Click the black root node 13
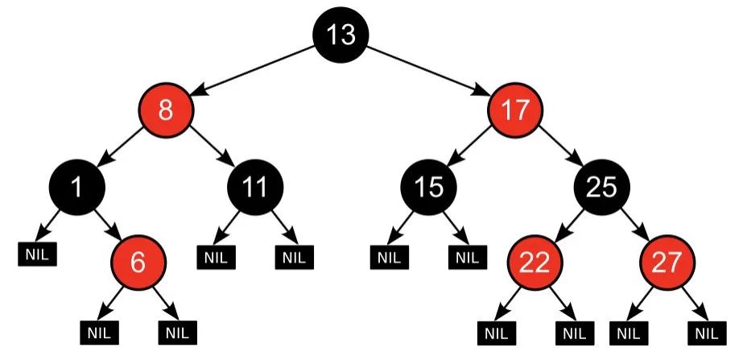341,34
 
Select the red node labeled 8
166,110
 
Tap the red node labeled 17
515,110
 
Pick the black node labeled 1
77,188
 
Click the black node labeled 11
255,188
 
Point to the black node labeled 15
429,188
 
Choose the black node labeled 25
602,188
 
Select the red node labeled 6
138,263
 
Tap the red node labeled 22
535,263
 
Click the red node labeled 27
667,263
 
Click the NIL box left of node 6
38,254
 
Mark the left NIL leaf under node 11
216,258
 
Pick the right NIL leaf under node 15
468,258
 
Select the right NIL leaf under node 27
707,333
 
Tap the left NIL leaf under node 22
497,333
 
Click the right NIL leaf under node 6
178,333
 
